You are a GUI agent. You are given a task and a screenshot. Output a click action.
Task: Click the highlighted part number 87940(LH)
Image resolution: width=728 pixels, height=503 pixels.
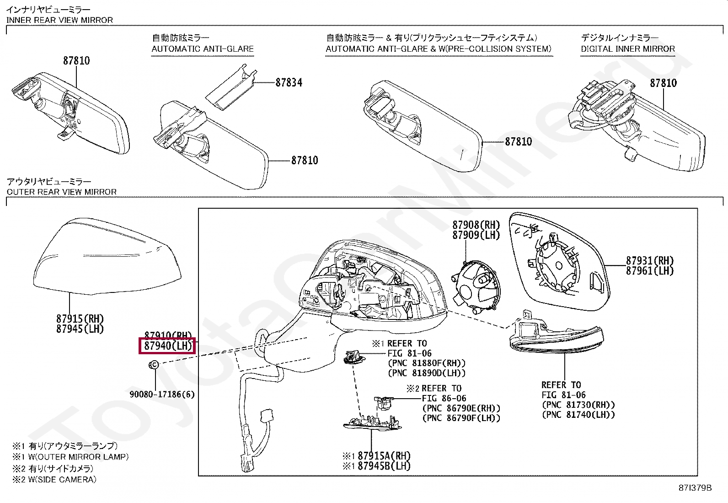167,346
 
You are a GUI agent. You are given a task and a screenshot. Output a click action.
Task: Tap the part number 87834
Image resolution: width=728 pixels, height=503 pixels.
289,82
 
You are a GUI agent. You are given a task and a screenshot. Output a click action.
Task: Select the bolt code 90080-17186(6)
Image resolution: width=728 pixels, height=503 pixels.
162,394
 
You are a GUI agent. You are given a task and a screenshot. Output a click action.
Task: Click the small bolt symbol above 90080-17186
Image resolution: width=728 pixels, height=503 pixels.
154,365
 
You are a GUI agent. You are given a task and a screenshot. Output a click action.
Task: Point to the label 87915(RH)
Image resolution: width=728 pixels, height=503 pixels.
80,319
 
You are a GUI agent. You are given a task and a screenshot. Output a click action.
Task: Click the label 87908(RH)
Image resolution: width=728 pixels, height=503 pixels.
476,225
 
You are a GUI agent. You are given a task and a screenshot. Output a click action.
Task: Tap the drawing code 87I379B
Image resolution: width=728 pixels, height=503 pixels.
696,488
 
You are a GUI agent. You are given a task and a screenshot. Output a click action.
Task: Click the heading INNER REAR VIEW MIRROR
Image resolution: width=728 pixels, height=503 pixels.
59,20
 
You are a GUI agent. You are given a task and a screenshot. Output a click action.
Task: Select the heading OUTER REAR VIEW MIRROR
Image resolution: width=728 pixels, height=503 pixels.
62,192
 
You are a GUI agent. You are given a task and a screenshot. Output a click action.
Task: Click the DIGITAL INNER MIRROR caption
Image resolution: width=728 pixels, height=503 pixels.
628,49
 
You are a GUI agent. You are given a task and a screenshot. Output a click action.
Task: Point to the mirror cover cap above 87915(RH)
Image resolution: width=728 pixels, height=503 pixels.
108,259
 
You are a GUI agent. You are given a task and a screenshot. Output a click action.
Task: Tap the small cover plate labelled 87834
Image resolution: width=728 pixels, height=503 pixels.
230,87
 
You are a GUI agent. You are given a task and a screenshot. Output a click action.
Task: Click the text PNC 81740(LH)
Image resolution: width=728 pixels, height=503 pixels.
578,415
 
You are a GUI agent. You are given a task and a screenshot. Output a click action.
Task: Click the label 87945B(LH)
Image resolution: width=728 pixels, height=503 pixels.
384,466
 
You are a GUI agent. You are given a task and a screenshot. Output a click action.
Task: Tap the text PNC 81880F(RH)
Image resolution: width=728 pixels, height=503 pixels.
426,363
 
